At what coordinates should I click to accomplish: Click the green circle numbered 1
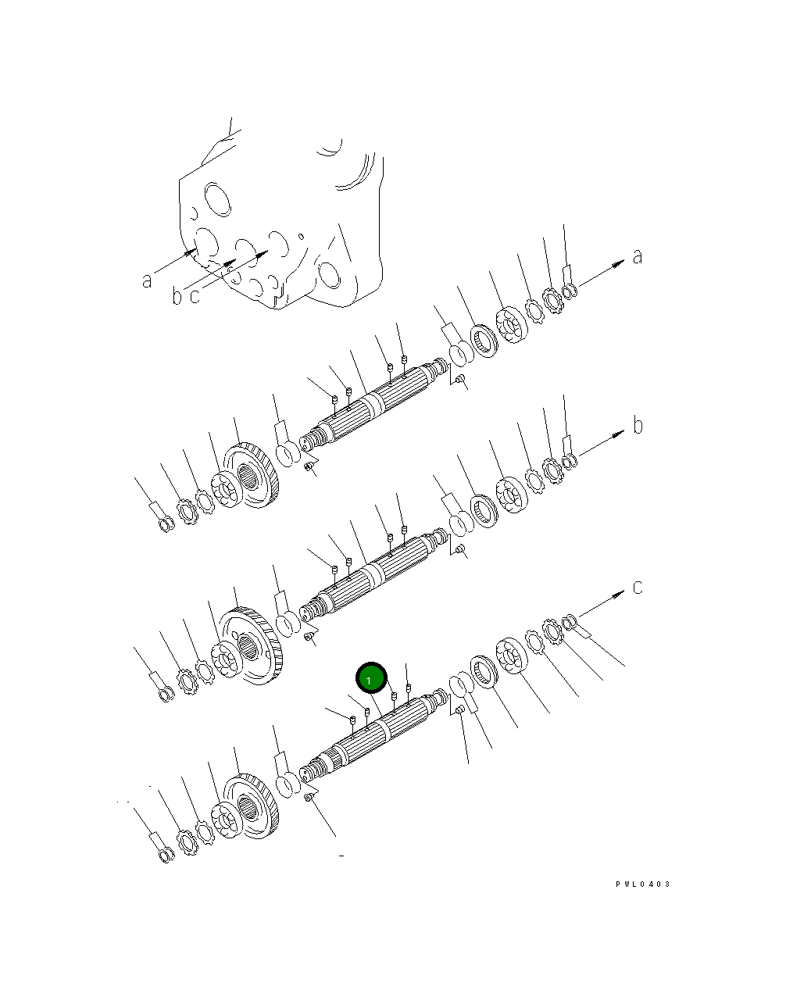370,678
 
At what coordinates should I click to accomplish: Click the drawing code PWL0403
642,884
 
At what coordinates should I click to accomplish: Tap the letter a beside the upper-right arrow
638,256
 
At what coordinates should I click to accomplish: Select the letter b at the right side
638,425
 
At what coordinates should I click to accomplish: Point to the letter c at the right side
638,588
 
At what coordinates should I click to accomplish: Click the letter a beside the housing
147,280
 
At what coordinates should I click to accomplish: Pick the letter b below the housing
177,295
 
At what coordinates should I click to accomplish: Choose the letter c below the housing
195,296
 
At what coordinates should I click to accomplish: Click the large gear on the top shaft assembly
252,475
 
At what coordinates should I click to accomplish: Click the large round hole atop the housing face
217,199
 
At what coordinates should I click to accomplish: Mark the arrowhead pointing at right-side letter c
618,596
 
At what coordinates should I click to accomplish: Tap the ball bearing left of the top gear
224,489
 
